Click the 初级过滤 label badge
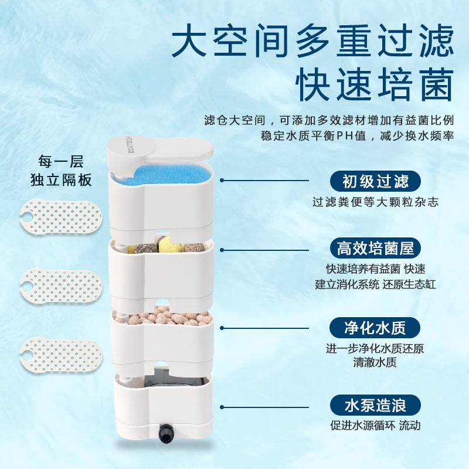375,181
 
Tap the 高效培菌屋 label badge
375,248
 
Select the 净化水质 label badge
375,327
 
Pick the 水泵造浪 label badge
375,405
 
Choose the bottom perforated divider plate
61,354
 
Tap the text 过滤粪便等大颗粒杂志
375,202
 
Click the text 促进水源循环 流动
375,426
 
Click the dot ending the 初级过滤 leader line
223,181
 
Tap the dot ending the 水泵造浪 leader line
223,405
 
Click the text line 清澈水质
375,362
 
